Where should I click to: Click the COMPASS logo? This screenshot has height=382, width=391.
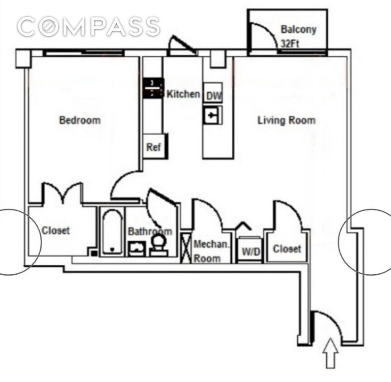(x=89, y=27)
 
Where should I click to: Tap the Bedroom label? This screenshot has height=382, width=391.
(x=80, y=120)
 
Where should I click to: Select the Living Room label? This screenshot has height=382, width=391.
(x=286, y=120)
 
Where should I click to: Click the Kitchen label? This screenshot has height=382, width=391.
(x=183, y=94)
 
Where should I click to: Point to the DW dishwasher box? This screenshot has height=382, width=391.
(x=213, y=95)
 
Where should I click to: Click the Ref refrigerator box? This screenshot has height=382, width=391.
(x=153, y=148)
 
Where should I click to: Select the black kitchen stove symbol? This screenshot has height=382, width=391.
(x=152, y=88)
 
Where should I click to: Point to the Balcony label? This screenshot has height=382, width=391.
(x=298, y=30)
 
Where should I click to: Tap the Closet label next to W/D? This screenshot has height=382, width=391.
(x=287, y=248)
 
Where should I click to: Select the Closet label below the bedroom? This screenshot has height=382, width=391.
(x=56, y=230)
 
